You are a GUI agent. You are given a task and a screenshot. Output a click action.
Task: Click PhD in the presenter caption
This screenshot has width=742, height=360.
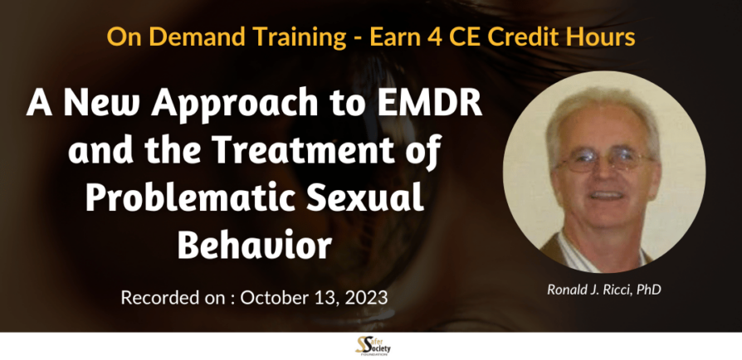pos(649,289)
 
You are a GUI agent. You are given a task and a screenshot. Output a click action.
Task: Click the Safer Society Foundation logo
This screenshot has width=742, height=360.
pos(373,346)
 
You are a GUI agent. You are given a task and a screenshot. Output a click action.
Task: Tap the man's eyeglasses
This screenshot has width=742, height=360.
pos(604,161)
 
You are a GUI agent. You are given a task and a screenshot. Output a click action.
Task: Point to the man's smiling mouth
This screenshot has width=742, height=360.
pos(606,194)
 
